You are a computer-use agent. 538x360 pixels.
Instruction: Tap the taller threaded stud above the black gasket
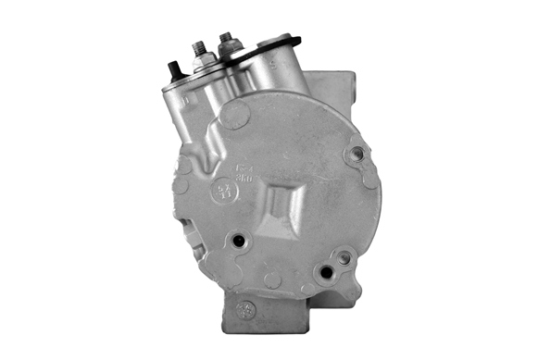click(x=225, y=41)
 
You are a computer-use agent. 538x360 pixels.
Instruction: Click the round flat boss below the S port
click(x=235, y=117)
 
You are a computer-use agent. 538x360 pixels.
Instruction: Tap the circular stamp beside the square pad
click(x=222, y=192)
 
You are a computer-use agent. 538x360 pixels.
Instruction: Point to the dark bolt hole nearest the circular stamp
click(x=239, y=241)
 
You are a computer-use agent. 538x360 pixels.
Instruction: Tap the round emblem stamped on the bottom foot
click(x=245, y=308)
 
